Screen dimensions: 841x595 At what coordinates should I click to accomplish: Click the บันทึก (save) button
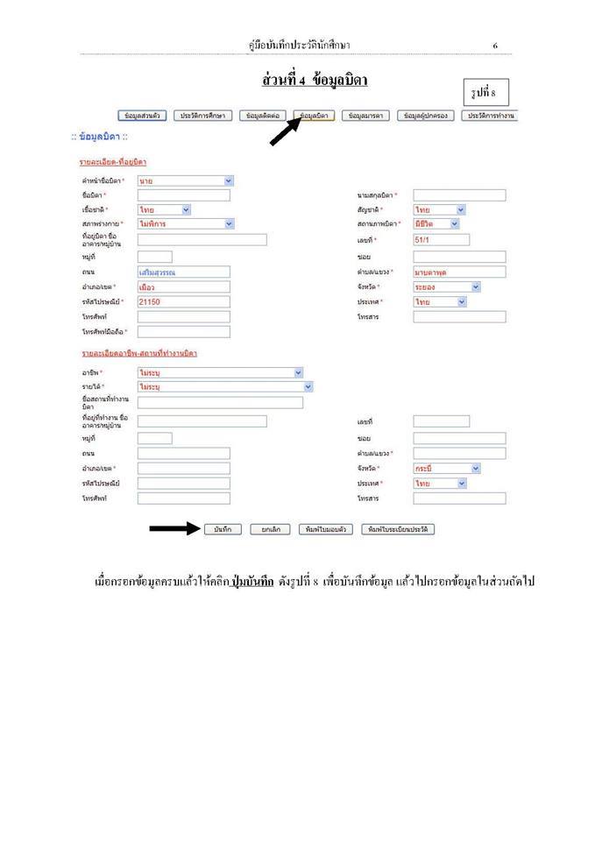(x=222, y=529)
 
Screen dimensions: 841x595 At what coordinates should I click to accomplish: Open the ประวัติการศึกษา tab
(x=205, y=116)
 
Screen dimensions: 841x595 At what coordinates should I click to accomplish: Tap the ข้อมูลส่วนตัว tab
(x=142, y=116)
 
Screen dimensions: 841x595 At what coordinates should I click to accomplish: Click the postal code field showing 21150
(x=183, y=301)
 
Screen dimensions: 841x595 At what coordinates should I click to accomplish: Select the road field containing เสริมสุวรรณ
(x=183, y=272)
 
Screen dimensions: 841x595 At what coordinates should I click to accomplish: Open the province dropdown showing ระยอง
(x=447, y=286)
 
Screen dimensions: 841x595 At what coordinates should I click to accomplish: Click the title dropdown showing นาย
(x=185, y=180)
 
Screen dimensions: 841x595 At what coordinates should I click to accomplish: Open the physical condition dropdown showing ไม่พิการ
(x=185, y=224)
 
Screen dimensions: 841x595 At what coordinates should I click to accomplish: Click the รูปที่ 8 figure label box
(x=485, y=93)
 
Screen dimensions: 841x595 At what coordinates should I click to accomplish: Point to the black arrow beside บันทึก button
(x=174, y=528)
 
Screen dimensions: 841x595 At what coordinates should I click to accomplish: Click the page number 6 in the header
(x=495, y=46)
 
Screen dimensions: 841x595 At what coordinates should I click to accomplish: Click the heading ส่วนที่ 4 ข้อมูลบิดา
(x=314, y=81)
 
